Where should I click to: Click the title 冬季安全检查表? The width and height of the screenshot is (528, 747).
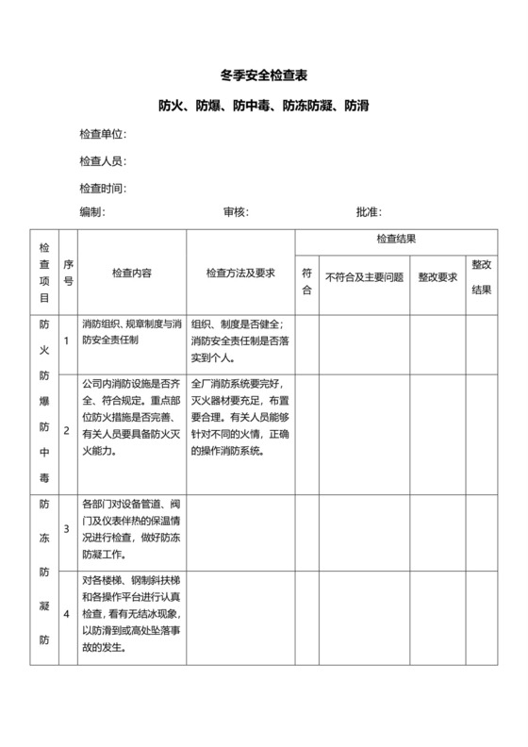tap(264, 74)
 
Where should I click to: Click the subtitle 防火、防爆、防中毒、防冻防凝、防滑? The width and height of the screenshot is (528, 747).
tap(264, 105)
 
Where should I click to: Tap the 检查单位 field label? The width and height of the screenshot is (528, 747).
tap(103, 134)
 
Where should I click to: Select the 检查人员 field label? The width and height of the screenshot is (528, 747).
tap(103, 161)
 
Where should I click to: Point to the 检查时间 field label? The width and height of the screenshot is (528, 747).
tap(103, 188)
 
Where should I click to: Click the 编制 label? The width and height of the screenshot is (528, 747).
tap(92, 212)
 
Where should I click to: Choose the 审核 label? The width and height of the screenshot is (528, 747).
tap(236, 212)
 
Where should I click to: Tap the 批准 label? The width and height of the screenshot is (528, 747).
tap(369, 212)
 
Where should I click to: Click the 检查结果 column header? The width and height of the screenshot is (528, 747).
tap(396, 241)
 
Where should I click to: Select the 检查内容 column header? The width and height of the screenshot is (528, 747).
tap(132, 273)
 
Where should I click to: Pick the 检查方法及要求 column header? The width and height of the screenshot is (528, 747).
tap(240, 273)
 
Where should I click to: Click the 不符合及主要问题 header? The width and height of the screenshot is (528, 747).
tap(365, 277)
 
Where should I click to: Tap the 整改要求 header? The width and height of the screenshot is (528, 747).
tap(437, 277)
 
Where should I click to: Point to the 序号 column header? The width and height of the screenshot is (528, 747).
tap(68, 273)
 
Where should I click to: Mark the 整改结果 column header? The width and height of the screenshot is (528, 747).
tap(482, 277)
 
